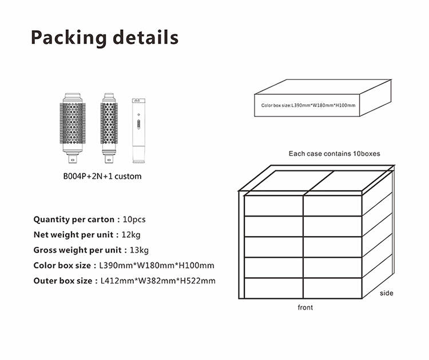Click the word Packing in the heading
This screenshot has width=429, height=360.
point(69,38)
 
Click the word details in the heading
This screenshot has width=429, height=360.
point(145,37)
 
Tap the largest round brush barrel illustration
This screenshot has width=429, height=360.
point(73,128)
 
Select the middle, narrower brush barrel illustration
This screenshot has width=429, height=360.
point(109,128)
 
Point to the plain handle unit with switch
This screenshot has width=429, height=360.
point(139,131)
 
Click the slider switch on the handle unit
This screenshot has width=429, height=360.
point(138,124)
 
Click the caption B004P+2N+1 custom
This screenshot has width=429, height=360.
point(102,177)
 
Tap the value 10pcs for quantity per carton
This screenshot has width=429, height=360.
point(134,219)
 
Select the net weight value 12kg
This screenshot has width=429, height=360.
point(131,235)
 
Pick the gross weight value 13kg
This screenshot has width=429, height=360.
point(139,250)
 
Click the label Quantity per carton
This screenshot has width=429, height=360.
point(74,219)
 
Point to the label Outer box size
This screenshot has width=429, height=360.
point(63,281)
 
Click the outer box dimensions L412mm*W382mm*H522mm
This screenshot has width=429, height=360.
point(158,281)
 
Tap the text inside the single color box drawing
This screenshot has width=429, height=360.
point(308,105)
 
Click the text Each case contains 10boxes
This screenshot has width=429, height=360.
point(335,154)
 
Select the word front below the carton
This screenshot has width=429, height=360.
point(305,307)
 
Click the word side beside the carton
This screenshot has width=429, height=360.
point(387,293)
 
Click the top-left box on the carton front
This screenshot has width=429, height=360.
point(273,206)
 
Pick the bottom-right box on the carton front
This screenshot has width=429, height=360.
point(333,288)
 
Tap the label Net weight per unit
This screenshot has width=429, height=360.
point(73,235)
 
